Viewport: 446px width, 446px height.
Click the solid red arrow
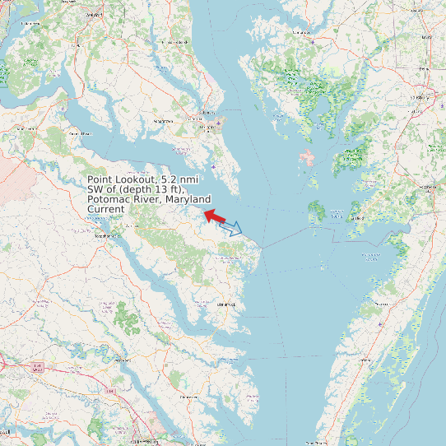click(x=214, y=216)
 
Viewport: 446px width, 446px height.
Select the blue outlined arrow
click(x=231, y=228)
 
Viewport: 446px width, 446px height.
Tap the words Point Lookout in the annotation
click(x=121, y=179)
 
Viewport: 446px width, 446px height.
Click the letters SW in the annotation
click(x=95, y=189)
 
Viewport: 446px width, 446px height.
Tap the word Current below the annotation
click(x=106, y=209)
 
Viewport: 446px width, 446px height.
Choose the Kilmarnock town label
click(x=225, y=304)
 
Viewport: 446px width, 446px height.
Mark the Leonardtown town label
click(x=156, y=121)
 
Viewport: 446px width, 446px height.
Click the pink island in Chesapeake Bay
click(x=307, y=156)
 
